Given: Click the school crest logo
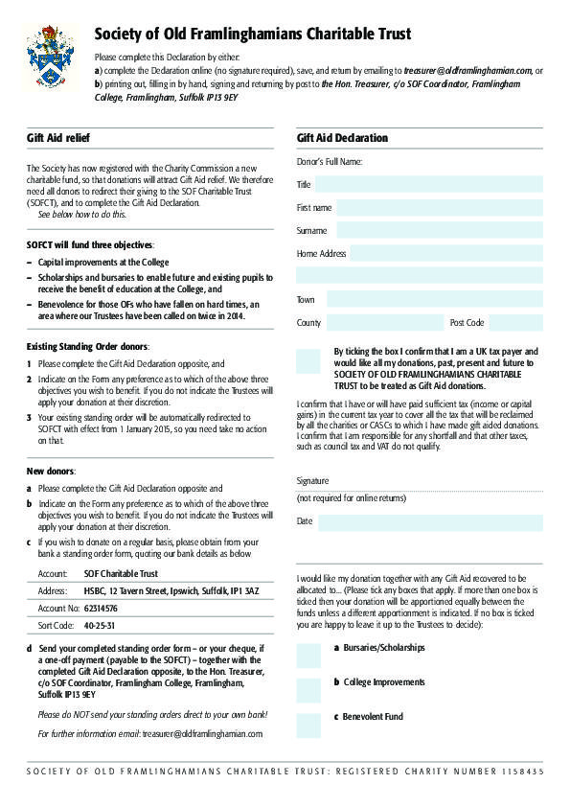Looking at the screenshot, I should (50, 57).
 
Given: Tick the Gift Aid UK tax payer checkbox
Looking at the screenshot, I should (308, 360).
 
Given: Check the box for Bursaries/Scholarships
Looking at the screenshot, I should (308, 656).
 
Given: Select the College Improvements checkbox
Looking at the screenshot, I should (308, 690).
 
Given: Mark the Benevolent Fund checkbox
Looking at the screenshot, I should (308, 725).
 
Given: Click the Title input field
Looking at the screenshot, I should (428, 184).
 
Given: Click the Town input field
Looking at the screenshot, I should (434, 299).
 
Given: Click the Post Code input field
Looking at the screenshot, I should (516, 322).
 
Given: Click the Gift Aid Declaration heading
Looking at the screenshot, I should (342, 138).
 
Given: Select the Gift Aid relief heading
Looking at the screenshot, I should (58, 138).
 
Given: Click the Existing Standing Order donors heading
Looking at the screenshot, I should (87, 345).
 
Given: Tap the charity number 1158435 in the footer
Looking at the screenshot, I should (520, 772).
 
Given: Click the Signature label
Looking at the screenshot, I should (312, 480).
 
